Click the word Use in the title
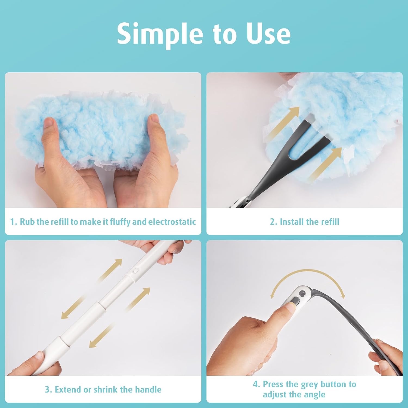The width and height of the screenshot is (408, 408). [268, 34]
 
